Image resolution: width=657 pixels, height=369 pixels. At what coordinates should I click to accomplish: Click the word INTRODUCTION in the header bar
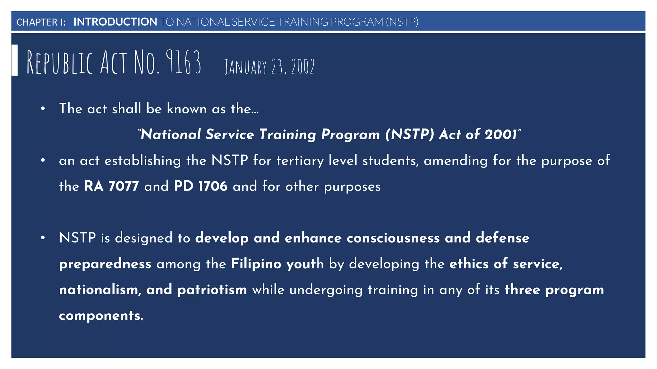(115, 22)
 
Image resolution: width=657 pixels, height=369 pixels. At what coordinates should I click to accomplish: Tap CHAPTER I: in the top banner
(41, 22)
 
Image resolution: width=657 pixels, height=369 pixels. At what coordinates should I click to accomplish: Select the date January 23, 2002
(269, 67)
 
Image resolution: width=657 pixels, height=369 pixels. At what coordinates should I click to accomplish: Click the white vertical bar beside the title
(14, 60)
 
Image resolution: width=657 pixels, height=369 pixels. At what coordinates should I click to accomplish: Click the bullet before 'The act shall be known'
(43, 109)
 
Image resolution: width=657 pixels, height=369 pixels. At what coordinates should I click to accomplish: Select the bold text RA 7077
(111, 186)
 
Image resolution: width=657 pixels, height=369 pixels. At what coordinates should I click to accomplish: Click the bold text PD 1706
(201, 186)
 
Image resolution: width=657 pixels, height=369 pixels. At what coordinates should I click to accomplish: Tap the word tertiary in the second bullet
(300, 161)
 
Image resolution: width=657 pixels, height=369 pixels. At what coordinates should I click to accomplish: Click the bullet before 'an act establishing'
(43, 160)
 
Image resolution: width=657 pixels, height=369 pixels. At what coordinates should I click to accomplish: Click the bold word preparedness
(105, 264)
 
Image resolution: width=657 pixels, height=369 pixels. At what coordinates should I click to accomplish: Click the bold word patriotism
(212, 290)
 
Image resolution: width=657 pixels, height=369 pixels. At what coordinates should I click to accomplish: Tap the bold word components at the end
(101, 316)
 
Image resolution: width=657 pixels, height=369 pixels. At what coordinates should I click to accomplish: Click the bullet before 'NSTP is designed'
(43, 238)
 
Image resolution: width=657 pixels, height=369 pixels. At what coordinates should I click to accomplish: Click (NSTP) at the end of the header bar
(402, 22)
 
